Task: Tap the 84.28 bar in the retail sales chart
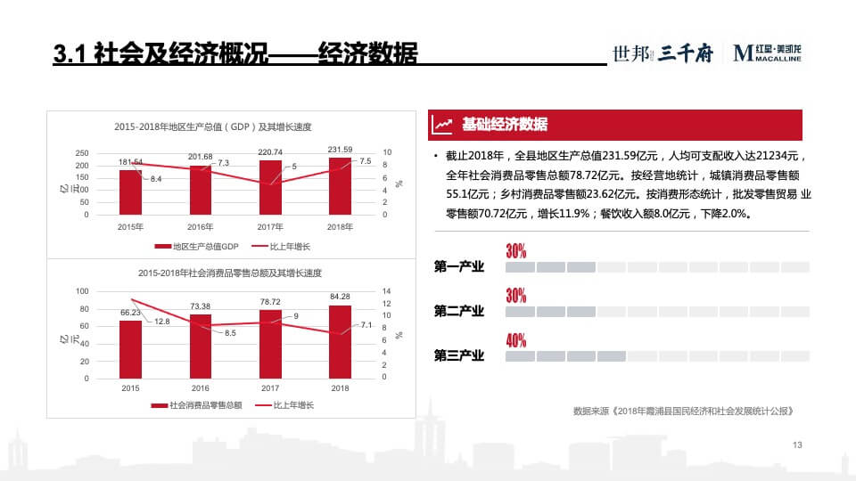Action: tap(340, 342)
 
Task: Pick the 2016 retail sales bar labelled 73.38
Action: tap(201, 346)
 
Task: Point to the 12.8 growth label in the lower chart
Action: tap(162, 321)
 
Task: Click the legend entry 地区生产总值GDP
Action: tap(197, 246)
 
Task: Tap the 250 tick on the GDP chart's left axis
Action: tap(82, 153)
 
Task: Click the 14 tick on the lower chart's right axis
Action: tap(386, 291)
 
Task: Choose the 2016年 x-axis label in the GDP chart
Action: tap(200, 227)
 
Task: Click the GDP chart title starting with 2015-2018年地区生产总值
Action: tap(218, 126)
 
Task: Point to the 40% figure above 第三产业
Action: tap(515, 340)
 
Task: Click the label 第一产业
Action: tap(458, 266)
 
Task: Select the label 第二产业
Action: tap(458, 311)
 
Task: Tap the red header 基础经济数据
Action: tap(504, 125)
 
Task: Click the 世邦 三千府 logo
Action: tap(662, 54)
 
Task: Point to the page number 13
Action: tap(797, 444)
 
